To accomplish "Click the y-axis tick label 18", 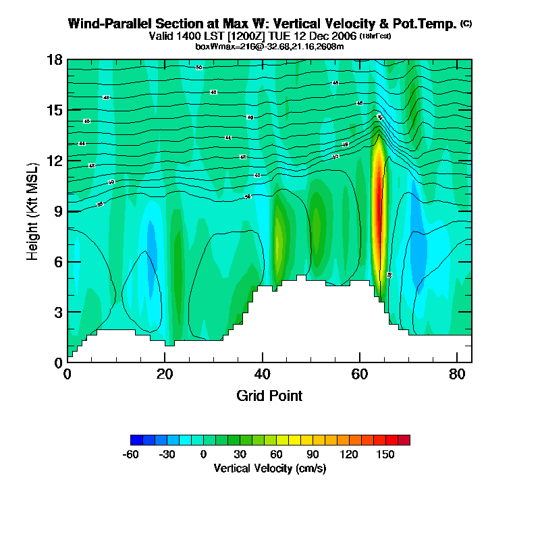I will point(55,60).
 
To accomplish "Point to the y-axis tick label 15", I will point(55,110).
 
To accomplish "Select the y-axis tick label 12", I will point(55,161).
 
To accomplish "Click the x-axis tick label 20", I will point(165,374).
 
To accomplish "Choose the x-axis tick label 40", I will point(262,374).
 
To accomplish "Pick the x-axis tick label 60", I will point(360,374).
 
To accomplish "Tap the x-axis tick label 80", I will point(457,374).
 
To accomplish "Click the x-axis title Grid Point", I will point(269,396).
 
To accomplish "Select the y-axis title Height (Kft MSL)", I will point(33,211).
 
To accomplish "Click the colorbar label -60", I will point(130,455).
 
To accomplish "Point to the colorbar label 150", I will point(385,455).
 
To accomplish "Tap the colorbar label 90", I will point(313,455).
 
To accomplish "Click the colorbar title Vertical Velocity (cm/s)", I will point(270,468).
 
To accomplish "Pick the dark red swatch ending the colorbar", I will point(404,440).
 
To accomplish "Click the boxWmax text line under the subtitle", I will point(270,47).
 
